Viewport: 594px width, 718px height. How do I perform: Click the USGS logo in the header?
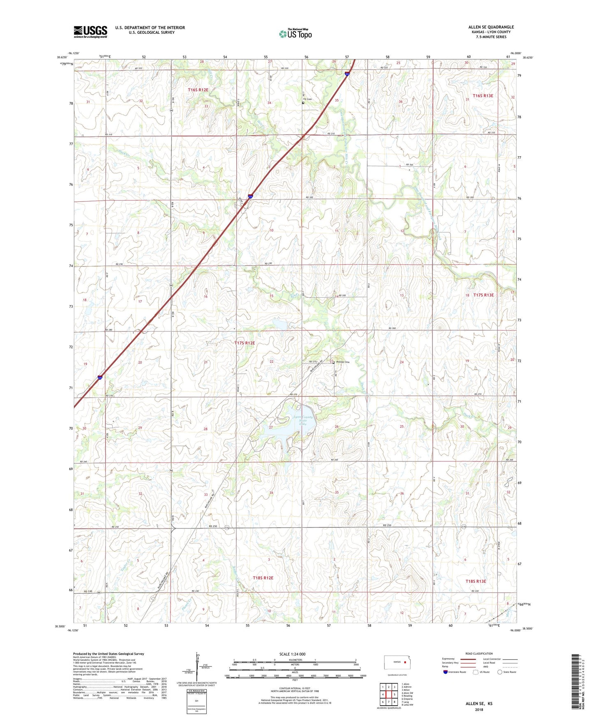90,32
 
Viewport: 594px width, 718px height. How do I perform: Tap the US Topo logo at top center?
295,34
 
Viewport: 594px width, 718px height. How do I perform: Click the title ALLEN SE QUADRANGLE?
491,27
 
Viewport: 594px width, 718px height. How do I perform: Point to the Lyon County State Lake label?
303,420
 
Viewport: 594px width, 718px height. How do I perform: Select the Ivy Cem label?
307,99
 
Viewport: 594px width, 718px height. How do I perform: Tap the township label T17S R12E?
245,343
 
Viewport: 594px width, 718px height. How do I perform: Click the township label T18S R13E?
476,581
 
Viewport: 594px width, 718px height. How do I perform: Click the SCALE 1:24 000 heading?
292,654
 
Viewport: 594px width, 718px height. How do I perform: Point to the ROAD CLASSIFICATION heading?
479,653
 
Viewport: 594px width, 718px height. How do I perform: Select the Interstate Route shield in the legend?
446,672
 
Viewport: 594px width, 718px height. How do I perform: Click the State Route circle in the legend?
500,672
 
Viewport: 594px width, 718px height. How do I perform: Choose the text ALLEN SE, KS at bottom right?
479,704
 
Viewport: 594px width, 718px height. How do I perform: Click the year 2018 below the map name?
479,709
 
